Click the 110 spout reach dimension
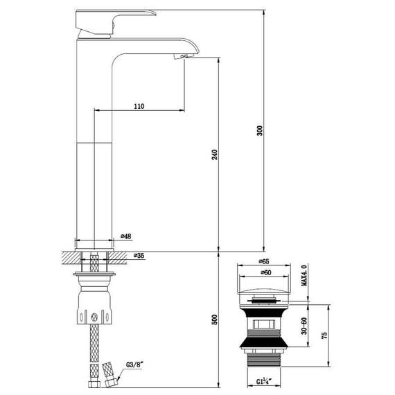tap(138, 105)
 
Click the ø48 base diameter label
tap(126, 237)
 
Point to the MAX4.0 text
tap(303, 275)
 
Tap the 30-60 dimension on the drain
tap(303, 325)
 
